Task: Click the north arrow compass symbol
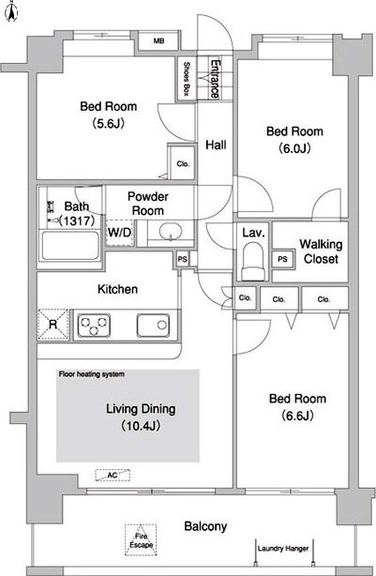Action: [x=12, y=11]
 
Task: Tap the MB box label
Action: [x=158, y=41]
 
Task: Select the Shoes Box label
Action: [x=187, y=79]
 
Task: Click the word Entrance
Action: [x=215, y=79]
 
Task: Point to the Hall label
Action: [x=216, y=144]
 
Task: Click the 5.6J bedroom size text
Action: [x=109, y=124]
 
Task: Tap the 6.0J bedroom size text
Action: [x=294, y=148]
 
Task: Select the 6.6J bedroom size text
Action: [x=297, y=416]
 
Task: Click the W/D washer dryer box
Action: [x=119, y=233]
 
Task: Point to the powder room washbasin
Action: [x=171, y=232]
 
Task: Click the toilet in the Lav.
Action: [x=252, y=261]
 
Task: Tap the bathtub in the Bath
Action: [x=70, y=245]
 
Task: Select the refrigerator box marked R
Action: [x=53, y=325]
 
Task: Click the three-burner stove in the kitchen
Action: [x=94, y=326]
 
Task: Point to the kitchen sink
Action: [x=153, y=326]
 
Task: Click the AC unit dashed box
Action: [x=113, y=476]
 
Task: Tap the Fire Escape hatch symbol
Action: [x=141, y=540]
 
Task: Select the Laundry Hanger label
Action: [x=283, y=549]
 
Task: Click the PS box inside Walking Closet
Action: [x=282, y=259]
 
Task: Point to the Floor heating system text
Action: [x=92, y=374]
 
